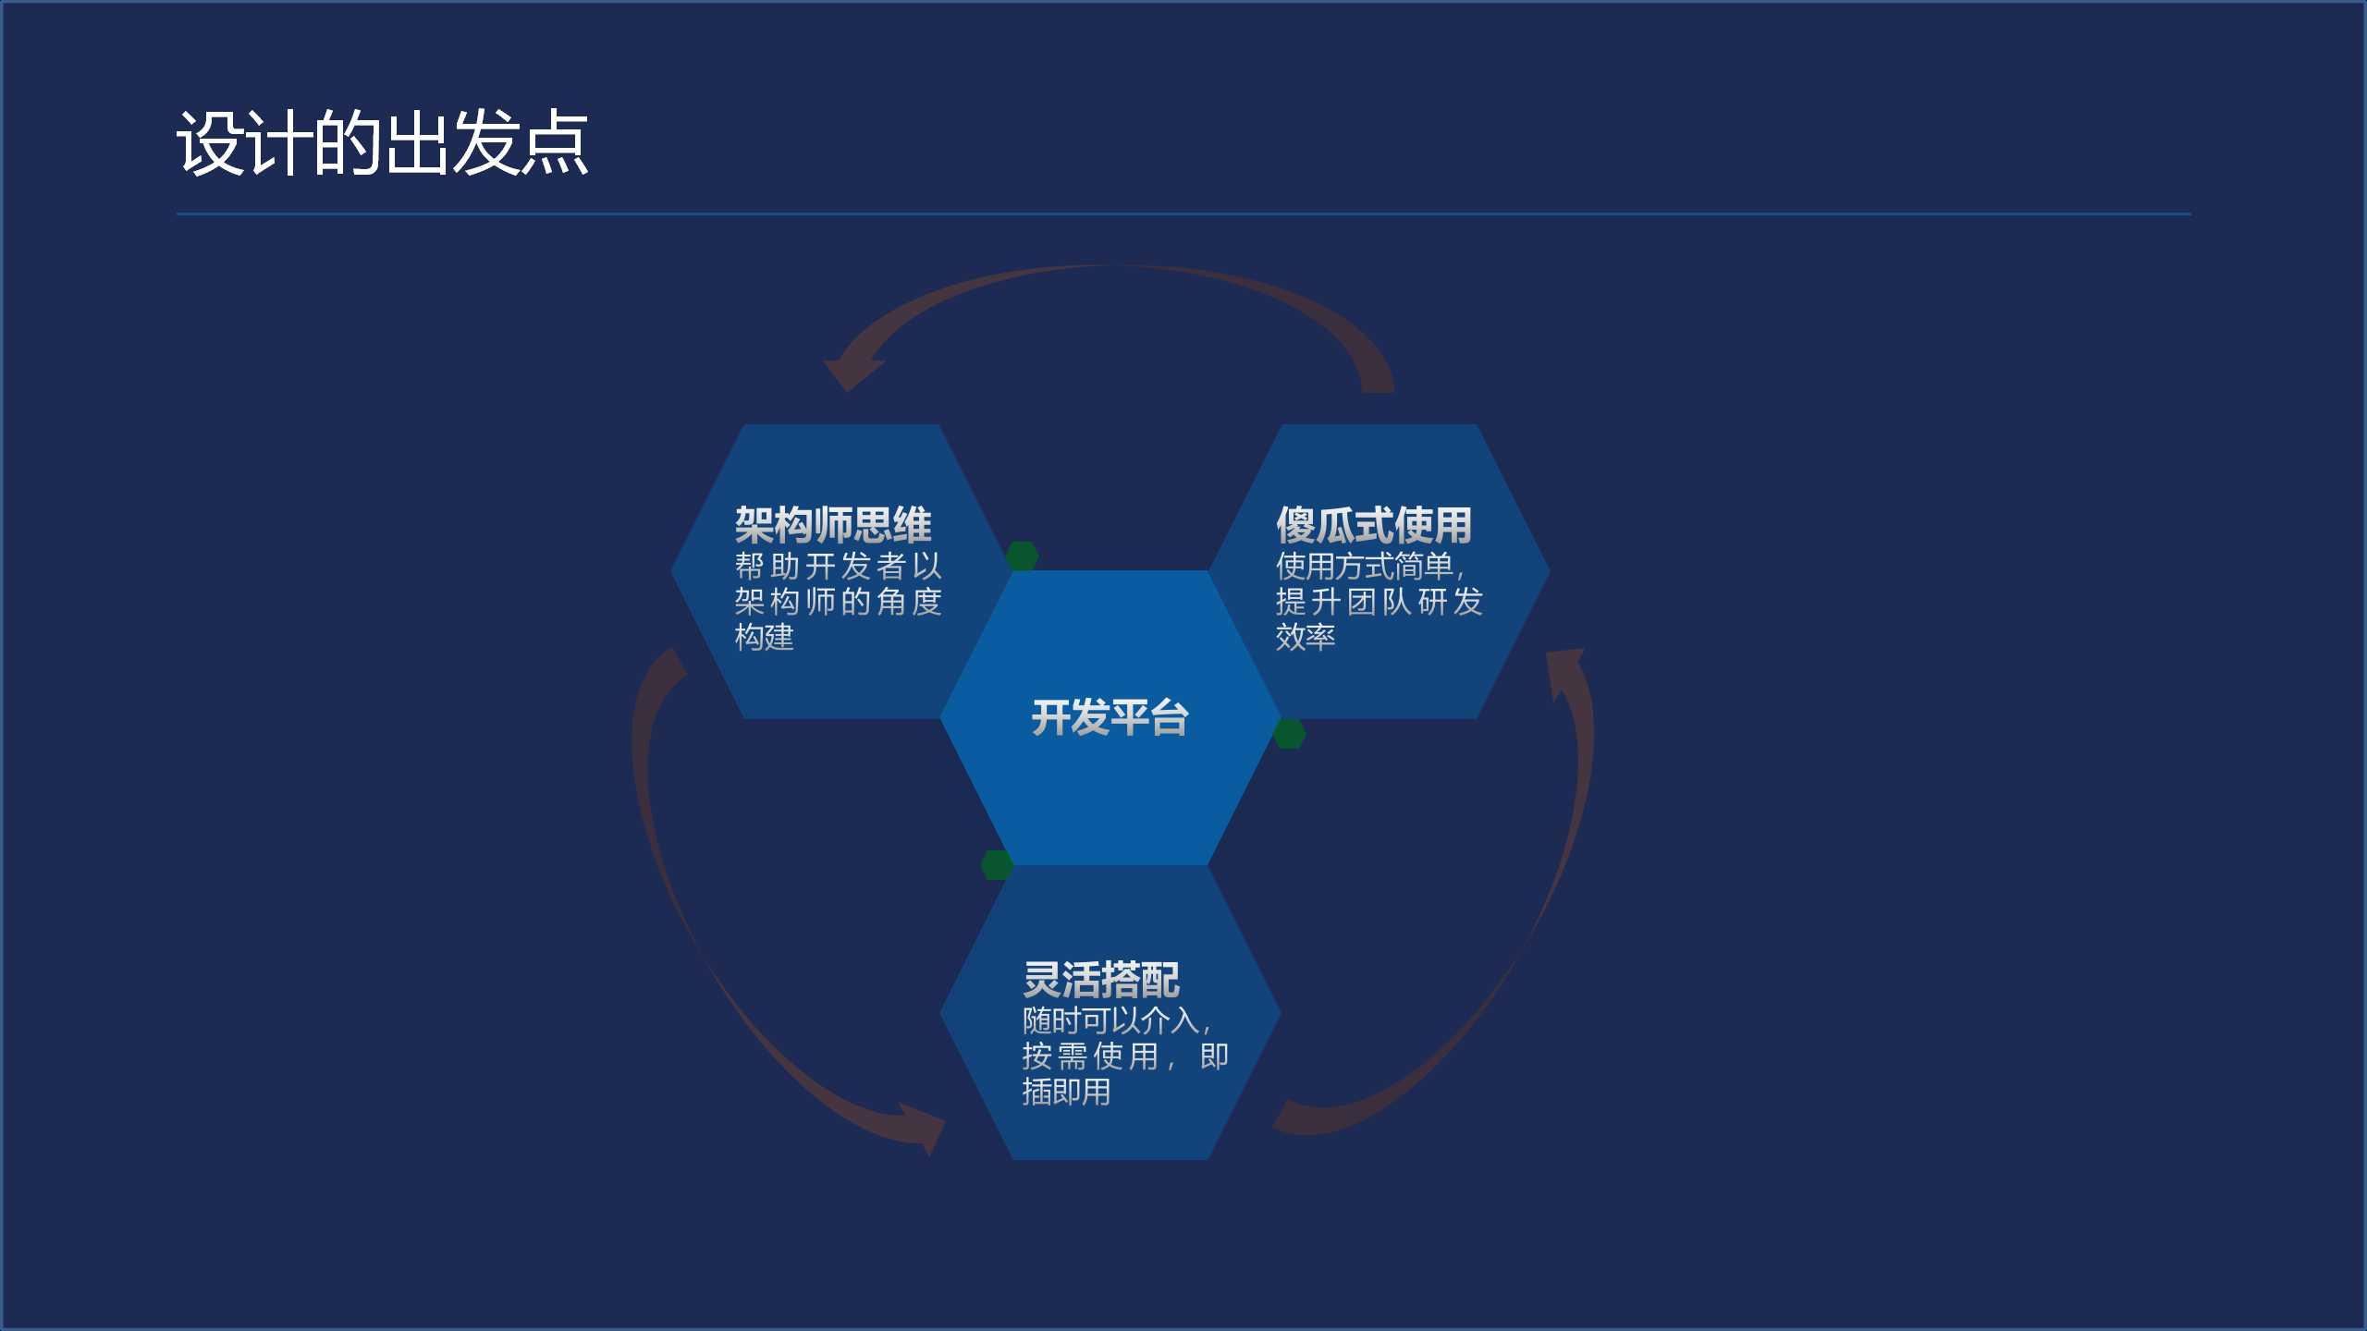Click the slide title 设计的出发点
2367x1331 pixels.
pyautogui.click(x=382, y=143)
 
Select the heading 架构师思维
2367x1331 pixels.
pyautogui.click(x=833, y=525)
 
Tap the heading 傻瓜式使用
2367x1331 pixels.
pyautogui.click(x=1374, y=525)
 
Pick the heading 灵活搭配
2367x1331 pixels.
pyautogui.click(x=1101, y=980)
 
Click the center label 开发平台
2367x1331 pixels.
pyautogui.click(x=1110, y=718)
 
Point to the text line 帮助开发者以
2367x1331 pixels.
pyautogui.click(x=838, y=566)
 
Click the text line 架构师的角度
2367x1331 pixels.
pyautogui.click(x=838, y=602)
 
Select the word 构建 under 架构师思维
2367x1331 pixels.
pyautogui.click(x=765, y=637)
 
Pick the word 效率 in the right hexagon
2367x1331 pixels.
pyautogui.click(x=1306, y=637)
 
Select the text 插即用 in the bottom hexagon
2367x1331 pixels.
pyautogui.click(x=1066, y=1092)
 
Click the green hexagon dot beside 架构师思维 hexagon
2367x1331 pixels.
pyautogui.click(x=1022, y=556)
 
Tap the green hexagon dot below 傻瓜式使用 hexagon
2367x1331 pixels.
pyautogui.click(x=1290, y=734)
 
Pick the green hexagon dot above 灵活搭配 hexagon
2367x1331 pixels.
pyautogui.click(x=997, y=865)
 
